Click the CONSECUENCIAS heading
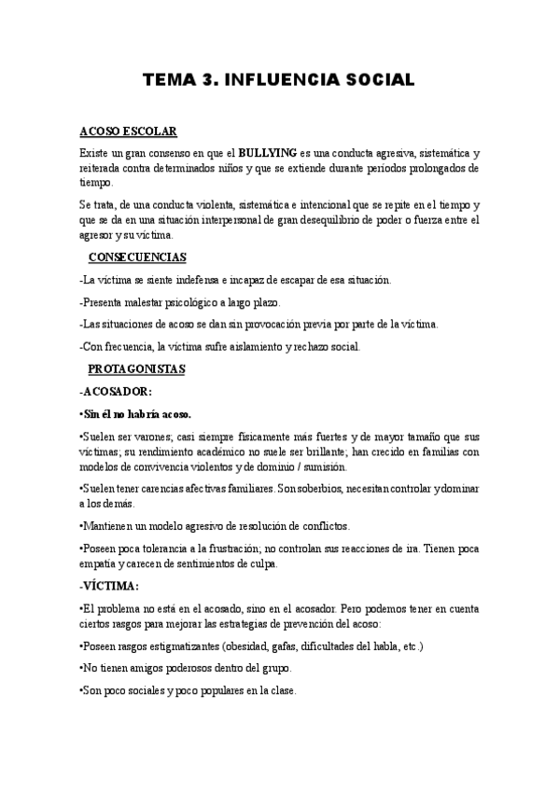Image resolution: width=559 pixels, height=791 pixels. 136,257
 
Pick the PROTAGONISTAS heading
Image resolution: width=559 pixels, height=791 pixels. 136,368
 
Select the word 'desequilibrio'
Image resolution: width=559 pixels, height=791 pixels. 337,220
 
